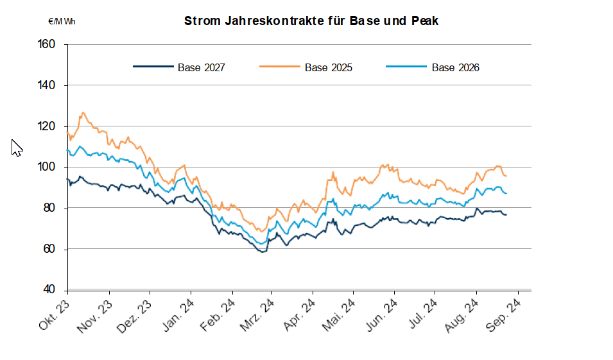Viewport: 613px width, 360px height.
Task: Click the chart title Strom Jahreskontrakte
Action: pyautogui.click(x=311, y=21)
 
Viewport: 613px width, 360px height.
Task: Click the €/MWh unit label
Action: pyautogui.click(x=62, y=21)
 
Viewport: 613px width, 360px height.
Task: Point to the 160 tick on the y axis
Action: pyautogui.click(x=47, y=44)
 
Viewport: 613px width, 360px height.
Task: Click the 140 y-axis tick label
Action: pyautogui.click(x=47, y=85)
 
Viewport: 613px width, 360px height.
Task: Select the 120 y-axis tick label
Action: pyautogui.click(x=47, y=126)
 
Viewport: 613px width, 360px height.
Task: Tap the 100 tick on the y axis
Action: pyautogui.click(x=47, y=167)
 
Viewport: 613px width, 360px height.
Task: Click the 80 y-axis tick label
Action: pyautogui.click(x=50, y=208)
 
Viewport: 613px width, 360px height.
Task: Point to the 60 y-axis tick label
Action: pyautogui.click(x=50, y=249)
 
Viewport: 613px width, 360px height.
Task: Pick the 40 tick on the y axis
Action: pyautogui.click(x=50, y=289)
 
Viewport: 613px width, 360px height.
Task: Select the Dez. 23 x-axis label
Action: pyautogui.click(x=136, y=312)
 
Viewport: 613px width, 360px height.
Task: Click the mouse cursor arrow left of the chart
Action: pyautogui.click(x=17, y=148)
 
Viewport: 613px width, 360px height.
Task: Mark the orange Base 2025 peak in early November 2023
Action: pyautogui.click(x=83, y=113)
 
